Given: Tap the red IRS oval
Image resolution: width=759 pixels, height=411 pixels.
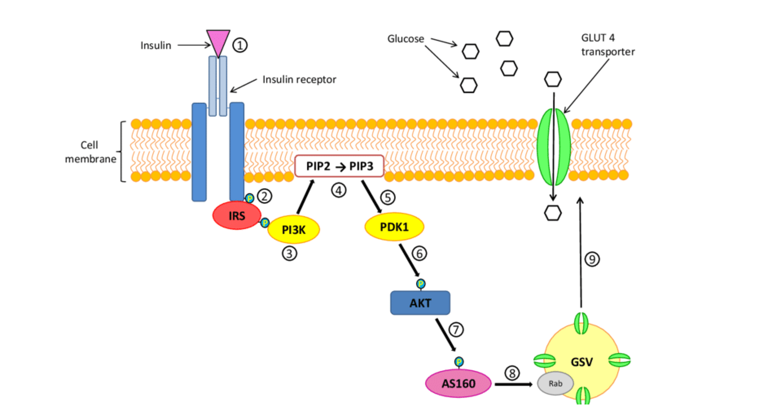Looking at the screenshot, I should pos(237,215).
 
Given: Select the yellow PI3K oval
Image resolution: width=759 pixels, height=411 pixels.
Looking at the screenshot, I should pos(294,230).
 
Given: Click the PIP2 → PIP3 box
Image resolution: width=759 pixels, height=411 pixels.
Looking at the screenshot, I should pos(339,166).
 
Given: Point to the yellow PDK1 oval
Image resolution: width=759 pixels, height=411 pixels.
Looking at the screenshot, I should pos(394,226).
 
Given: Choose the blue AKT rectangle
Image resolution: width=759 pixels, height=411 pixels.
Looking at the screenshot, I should pos(420,303).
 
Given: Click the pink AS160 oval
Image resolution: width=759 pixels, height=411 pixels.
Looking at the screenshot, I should pos(458,383).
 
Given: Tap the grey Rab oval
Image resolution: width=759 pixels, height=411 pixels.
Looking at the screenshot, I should pos(555,383).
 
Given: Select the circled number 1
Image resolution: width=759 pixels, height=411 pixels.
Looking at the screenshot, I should pos(240,45).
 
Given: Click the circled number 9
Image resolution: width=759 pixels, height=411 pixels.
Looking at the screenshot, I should pos(592,259).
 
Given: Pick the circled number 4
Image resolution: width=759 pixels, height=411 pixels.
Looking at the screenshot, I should pos(339,190).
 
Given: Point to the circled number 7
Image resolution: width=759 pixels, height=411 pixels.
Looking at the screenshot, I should pos(456,329).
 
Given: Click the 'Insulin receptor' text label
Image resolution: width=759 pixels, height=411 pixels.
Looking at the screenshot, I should pos(299,80).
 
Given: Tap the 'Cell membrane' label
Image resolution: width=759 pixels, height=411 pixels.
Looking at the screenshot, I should pos(90,152).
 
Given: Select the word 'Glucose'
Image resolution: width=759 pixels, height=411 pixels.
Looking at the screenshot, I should pos(406,39).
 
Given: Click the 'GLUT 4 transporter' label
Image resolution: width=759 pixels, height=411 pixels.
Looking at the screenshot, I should pos(608,45).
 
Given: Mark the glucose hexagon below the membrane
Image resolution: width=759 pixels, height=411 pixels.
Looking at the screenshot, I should pos(553,213).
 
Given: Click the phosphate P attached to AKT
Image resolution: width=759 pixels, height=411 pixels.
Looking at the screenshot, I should pos(420,283).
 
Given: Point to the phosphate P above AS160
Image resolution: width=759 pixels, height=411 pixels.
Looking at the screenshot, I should pos(459,362).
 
